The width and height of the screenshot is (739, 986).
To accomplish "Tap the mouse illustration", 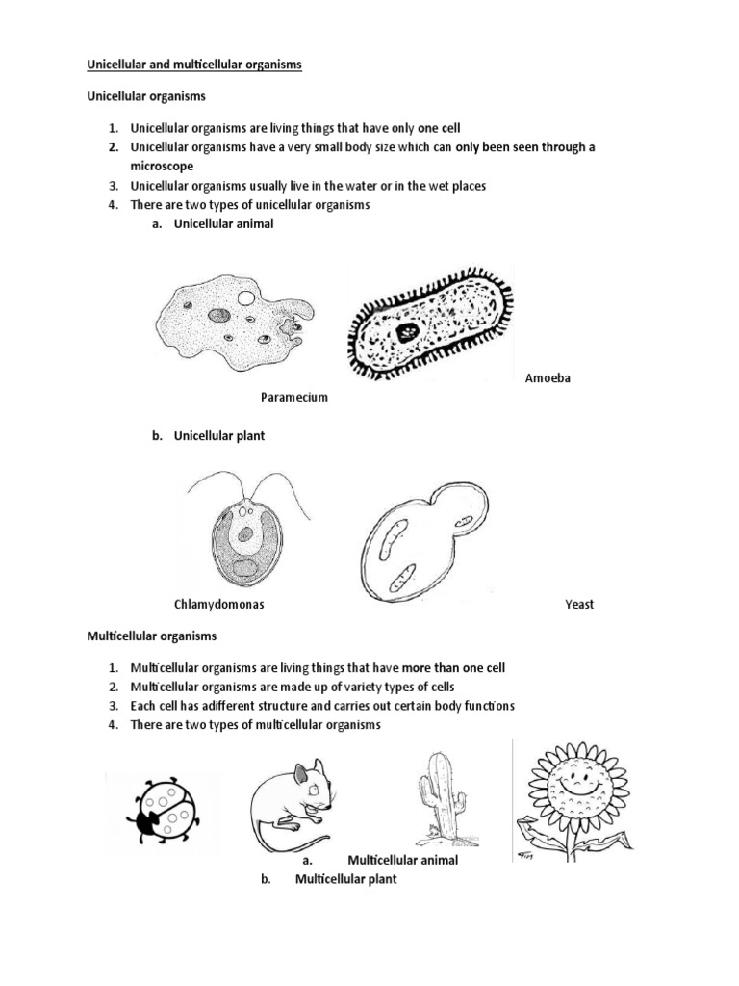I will pyautogui.click(x=293, y=800).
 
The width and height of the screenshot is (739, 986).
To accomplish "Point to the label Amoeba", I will pyautogui.click(x=548, y=378).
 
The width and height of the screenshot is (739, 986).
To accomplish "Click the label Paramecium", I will pyautogui.click(x=294, y=397).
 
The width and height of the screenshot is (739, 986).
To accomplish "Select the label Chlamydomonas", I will pyautogui.click(x=218, y=605).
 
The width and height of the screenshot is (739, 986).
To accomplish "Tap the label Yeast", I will pyautogui.click(x=579, y=605).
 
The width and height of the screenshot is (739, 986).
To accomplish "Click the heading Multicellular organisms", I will pyautogui.click(x=152, y=636).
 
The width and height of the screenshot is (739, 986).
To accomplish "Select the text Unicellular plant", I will pyautogui.click(x=218, y=436).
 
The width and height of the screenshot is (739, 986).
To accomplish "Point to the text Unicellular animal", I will pyautogui.click(x=223, y=223).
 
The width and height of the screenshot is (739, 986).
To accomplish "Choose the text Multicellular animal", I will pyautogui.click(x=402, y=860).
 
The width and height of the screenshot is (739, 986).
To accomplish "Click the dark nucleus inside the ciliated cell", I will pyautogui.click(x=408, y=333).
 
